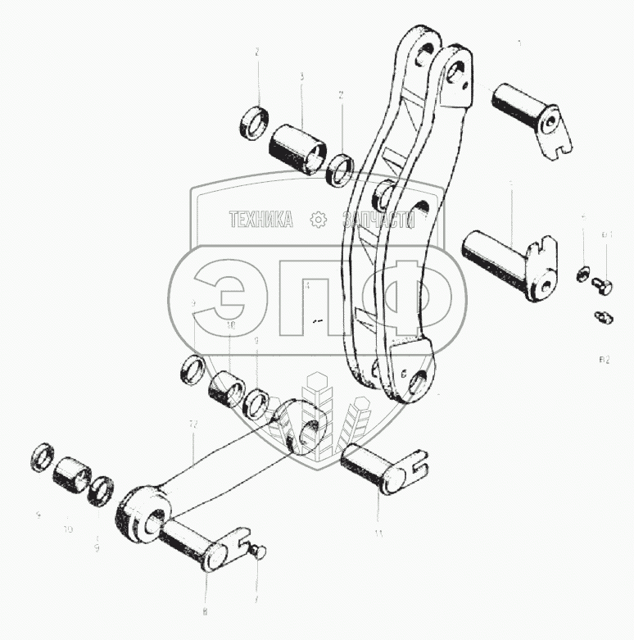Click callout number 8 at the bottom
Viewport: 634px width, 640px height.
click(205, 611)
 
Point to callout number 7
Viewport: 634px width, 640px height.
click(255, 601)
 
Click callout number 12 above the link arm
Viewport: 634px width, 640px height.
click(193, 425)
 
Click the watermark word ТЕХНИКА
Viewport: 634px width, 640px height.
click(261, 220)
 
